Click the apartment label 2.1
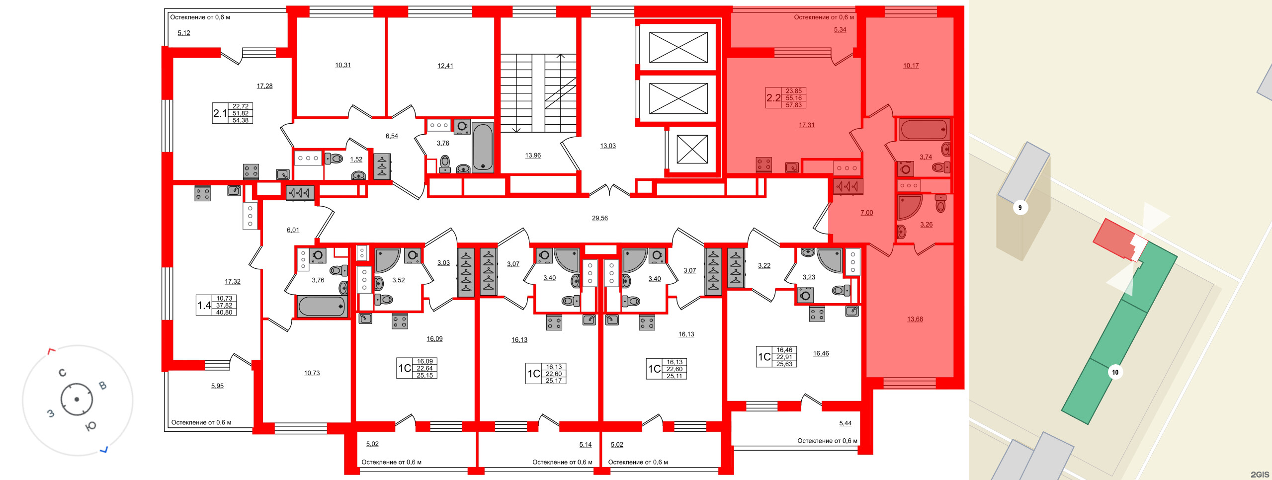tap(220, 113)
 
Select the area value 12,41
tap(445, 66)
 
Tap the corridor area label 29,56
tap(599, 218)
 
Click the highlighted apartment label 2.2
tap(773, 98)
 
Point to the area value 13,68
tap(915, 320)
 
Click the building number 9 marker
tap(1020, 208)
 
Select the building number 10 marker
tap(1115, 372)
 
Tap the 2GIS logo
tap(1260, 475)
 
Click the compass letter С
tap(63, 373)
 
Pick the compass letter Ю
tap(91, 426)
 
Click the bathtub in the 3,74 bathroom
tap(924, 130)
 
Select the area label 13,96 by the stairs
tap(533, 156)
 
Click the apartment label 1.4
tap(204, 306)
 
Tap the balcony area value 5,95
tap(217, 386)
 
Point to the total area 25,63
tap(784, 364)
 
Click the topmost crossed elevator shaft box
tap(678, 48)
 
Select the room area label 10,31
tap(342, 65)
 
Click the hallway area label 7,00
tap(866, 213)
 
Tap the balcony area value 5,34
tap(840, 30)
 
